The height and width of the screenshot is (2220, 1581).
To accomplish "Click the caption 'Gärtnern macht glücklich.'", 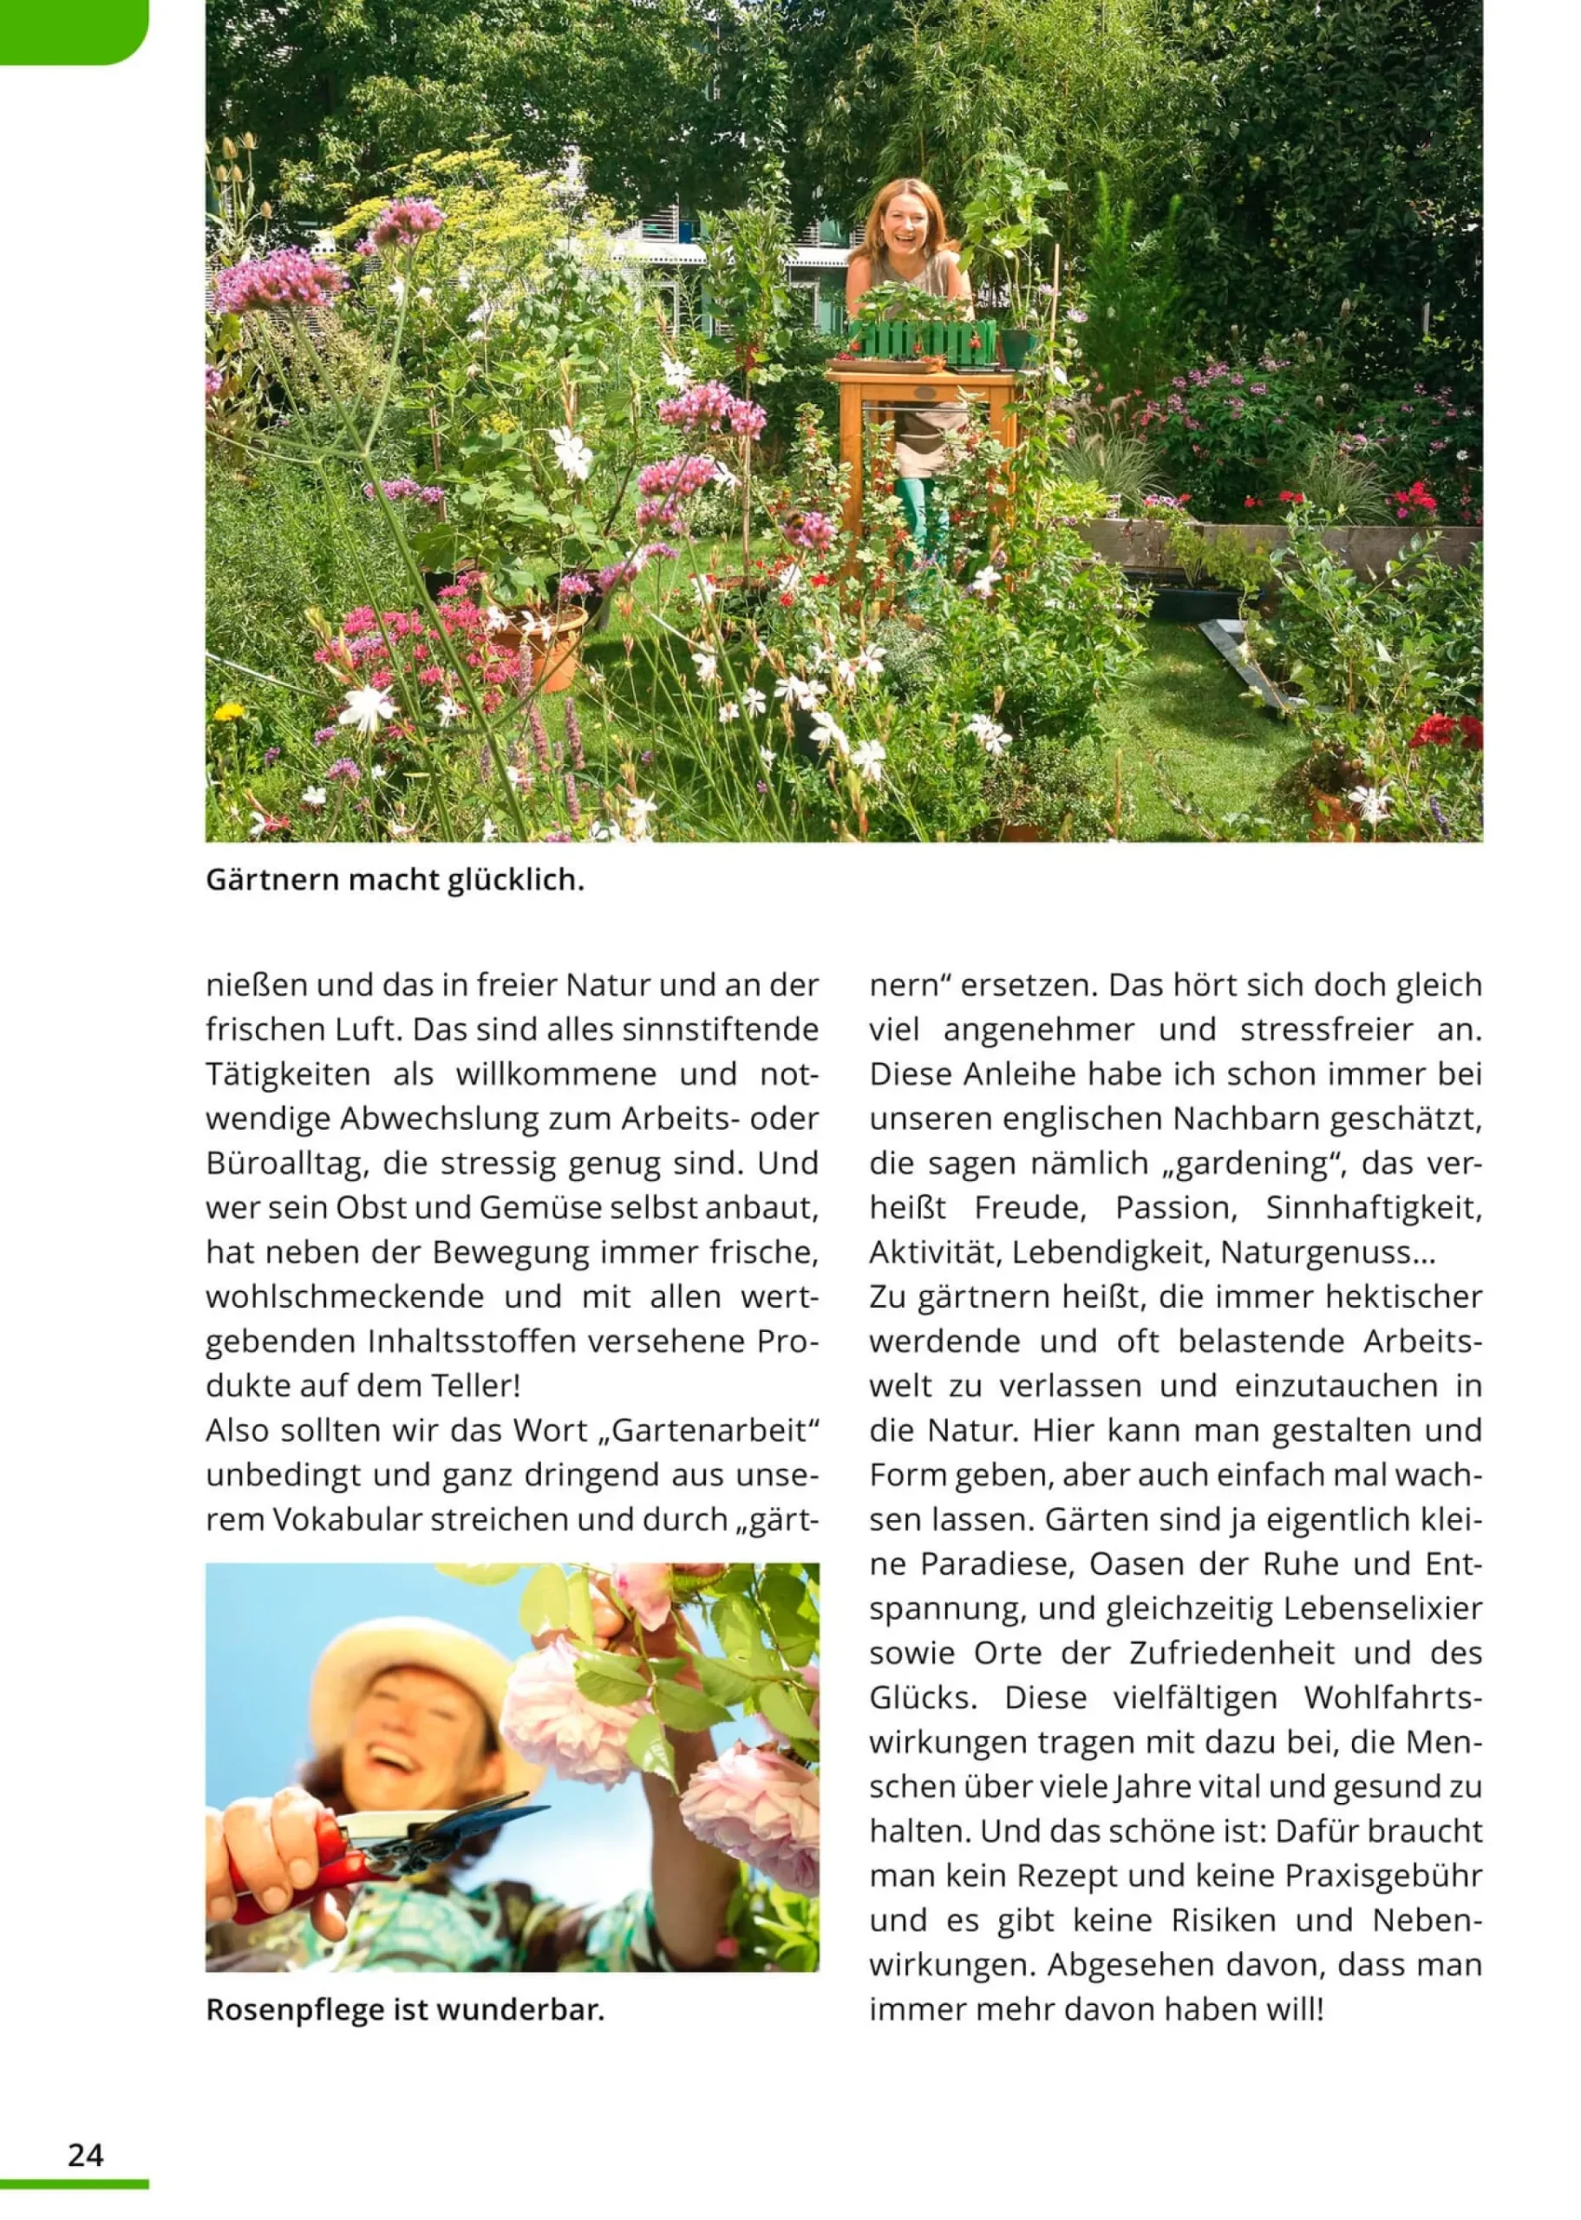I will (x=395, y=881).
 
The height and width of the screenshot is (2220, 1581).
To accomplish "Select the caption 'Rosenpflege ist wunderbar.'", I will (x=405, y=2010).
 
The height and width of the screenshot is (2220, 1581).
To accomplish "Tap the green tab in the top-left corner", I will (x=69, y=29).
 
